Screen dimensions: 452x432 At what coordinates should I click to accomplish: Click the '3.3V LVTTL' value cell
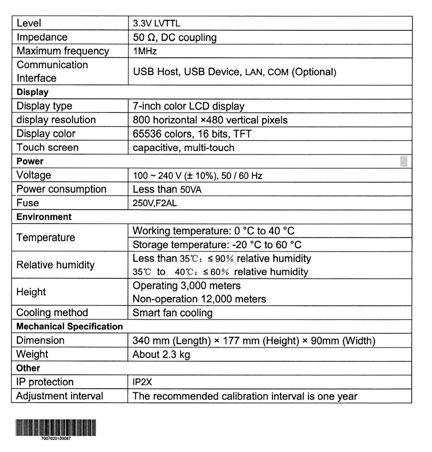(x=157, y=24)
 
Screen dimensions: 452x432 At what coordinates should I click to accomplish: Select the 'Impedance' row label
(x=42, y=37)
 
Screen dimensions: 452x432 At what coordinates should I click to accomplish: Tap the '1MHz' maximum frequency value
(x=145, y=51)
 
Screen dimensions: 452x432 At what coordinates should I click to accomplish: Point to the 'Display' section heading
(x=32, y=92)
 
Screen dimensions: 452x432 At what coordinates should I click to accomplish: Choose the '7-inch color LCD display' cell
(x=188, y=106)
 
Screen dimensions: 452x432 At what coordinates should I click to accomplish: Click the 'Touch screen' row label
(x=47, y=147)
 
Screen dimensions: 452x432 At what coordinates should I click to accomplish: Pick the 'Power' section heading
(x=30, y=161)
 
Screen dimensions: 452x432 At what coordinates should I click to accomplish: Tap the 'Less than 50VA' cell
(x=167, y=189)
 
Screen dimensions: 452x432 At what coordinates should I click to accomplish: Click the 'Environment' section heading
(x=44, y=217)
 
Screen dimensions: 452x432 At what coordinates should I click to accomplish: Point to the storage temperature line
(x=217, y=245)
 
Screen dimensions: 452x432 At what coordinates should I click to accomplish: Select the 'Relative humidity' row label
(x=56, y=265)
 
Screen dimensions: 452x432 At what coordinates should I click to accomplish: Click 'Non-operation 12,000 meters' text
(x=199, y=299)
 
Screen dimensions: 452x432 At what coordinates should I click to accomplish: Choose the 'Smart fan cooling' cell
(x=172, y=313)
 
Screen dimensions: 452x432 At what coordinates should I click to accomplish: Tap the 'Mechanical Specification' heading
(x=69, y=326)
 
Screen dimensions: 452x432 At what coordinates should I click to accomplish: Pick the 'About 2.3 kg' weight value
(x=161, y=354)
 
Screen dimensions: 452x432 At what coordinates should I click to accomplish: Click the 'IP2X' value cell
(x=142, y=382)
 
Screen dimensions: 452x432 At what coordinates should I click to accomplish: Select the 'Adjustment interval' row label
(x=60, y=396)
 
